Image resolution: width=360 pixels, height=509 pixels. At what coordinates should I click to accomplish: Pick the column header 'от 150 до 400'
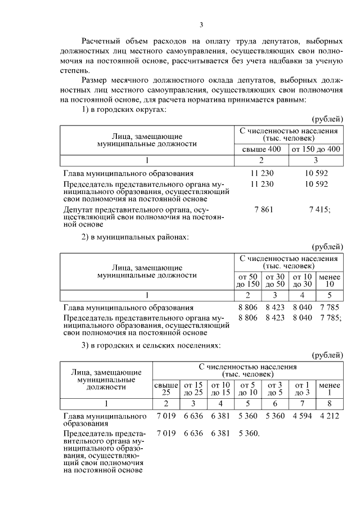point(316,149)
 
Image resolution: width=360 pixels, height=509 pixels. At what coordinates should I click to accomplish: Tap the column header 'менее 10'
point(329,280)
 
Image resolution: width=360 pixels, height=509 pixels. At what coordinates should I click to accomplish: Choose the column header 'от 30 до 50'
point(275,280)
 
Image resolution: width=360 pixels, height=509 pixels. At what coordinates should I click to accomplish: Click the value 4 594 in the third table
point(301,416)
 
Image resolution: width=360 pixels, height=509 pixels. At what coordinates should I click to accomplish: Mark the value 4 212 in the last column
point(329,416)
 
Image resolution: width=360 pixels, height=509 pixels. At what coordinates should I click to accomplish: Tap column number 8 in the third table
point(329,403)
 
